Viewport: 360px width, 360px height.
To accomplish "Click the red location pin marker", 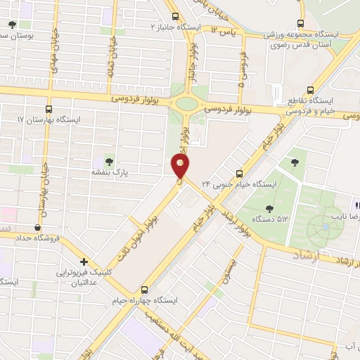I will [181, 166].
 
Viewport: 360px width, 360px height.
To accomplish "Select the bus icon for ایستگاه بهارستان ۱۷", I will [48, 109].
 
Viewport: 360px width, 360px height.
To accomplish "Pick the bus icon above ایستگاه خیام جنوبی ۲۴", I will [239, 173].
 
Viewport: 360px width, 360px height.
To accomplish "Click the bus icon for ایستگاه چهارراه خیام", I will [145, 289].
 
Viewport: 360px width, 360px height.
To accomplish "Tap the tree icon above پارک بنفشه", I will [108, 161].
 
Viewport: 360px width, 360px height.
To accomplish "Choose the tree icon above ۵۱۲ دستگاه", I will [270, 207].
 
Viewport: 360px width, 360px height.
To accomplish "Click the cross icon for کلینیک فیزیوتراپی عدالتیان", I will [84, 261].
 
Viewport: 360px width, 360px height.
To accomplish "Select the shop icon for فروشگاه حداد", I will [37, 228].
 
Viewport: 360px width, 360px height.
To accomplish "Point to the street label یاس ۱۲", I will [226, 32].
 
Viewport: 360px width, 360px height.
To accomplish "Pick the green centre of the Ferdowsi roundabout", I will [186, 105].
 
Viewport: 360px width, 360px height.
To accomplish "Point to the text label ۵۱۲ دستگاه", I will [273, 219].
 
